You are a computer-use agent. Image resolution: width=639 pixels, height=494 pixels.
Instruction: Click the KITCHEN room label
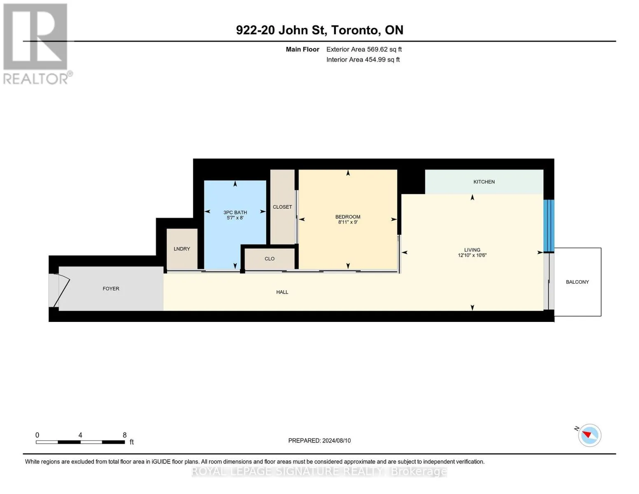[x=484, y=182]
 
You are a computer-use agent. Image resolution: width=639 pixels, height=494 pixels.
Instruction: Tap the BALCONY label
[x=577, y=282]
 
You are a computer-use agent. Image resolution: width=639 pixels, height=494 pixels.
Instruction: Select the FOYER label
[x=111, y=289]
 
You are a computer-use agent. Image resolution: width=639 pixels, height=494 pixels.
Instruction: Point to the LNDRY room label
[x=182, y=249]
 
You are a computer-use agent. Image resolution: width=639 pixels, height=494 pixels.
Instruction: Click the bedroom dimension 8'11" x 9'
[x=348, y=222]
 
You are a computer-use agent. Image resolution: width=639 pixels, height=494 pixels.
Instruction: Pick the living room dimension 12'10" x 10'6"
[x=472, y=255]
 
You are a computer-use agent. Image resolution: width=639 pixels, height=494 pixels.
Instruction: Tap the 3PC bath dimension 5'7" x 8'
[x=235, y=218]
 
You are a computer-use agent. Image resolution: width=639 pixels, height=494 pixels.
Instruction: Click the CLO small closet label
[x=270, y=259]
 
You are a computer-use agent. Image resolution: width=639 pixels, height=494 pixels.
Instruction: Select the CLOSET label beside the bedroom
[x=282, y=207]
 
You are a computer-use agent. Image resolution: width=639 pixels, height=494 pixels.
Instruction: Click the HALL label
[x=282, y=292]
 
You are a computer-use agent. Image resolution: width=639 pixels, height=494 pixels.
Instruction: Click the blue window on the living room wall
[x=549, y=226]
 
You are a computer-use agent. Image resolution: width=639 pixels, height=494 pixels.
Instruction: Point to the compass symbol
[x=589, y=435]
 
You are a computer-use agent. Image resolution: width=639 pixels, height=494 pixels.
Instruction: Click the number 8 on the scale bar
[x=125, y=435]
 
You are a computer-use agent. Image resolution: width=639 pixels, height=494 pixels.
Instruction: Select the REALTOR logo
[x=37, y=44]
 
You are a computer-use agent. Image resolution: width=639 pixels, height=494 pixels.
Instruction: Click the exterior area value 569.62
[x=377, y=49]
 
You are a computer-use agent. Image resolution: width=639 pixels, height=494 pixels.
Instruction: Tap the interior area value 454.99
[x=375, y=59]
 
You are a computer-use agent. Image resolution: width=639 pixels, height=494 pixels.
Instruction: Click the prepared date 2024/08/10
[x=337, y=440]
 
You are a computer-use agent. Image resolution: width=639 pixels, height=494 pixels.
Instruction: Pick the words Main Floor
[x=302, y=49]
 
